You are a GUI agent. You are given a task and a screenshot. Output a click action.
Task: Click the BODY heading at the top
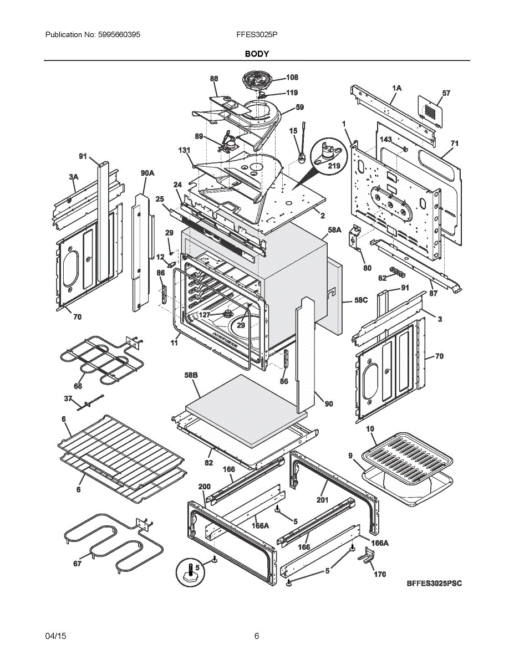[x=257, y=54]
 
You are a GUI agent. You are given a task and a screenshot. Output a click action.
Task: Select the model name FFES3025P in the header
[x=257, y=34]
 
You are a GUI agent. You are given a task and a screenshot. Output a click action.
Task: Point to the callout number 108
[x=292, y=78]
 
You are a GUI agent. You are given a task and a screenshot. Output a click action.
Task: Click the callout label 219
[x=334, y=166]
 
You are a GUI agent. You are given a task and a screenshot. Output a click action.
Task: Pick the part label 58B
[x=191, y=376]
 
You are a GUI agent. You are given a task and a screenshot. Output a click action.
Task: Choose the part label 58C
[x=361, y=300]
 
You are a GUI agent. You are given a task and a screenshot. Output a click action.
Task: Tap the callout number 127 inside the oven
[x=205, y=314]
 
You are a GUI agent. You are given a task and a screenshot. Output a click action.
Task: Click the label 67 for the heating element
[x=77, y=564]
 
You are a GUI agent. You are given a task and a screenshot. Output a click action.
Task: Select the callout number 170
[x=379, y=574]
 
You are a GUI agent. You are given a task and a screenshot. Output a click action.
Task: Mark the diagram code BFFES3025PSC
[x=434, y=583]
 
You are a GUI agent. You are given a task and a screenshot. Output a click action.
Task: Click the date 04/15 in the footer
[x=55, y=636]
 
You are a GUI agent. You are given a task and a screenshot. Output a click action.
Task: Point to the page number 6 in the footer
[x=257, y=636]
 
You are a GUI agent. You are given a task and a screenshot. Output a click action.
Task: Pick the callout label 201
[x=323, y=500]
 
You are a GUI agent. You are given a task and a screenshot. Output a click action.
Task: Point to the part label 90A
[x=147, y=173]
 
